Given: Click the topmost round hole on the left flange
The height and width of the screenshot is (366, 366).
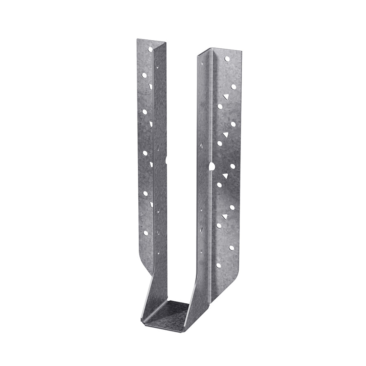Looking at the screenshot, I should click(150, 50).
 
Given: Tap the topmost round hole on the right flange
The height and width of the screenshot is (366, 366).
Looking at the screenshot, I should click(227, 59).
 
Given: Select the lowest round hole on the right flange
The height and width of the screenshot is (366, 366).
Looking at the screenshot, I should click(218, 265).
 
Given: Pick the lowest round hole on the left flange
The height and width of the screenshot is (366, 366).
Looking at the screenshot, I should click(145, 233).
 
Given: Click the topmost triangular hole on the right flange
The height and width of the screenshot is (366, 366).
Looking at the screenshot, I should click(226, 97).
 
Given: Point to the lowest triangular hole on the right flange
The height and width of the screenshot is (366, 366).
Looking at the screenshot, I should click(224, 216).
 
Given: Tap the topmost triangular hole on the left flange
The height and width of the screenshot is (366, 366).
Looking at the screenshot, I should click(150, 87).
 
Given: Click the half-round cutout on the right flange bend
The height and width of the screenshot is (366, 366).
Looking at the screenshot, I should click(211, 166).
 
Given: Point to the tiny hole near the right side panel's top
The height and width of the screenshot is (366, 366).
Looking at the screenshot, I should click(202, 63).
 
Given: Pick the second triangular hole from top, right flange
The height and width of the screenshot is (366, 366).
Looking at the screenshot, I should click(225, 135).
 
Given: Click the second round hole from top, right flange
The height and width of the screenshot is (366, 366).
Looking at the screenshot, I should click(233, 87).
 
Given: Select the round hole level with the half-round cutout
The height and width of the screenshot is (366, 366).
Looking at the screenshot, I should click(233, 166).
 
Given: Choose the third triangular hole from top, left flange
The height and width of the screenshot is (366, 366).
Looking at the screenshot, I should click(151, 164).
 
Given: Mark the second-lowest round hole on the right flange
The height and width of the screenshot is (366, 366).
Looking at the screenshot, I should click(231, 247).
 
